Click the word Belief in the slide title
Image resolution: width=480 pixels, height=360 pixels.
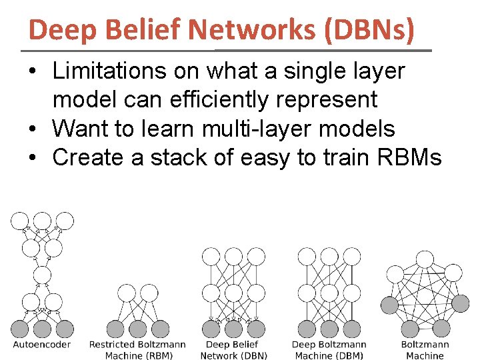click(139, 29)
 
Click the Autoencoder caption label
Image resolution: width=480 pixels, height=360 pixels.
click(42, 345)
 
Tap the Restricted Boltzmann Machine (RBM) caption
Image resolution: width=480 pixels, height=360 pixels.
click(137, 350)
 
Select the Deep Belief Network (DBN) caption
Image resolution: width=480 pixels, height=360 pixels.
click(233, 350)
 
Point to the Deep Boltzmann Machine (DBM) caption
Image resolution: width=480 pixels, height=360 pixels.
click(329, 350)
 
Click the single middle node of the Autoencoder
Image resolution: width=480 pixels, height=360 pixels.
click(42, 275)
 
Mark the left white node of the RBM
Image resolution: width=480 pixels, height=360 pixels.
click(127, 293)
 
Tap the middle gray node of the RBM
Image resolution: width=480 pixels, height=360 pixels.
click(137, 329)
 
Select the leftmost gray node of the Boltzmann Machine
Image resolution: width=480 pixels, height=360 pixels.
click(389, 305)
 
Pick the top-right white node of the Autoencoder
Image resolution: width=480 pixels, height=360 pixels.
click(65, 221)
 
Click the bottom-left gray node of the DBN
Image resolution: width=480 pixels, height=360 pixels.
click(211, 329)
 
